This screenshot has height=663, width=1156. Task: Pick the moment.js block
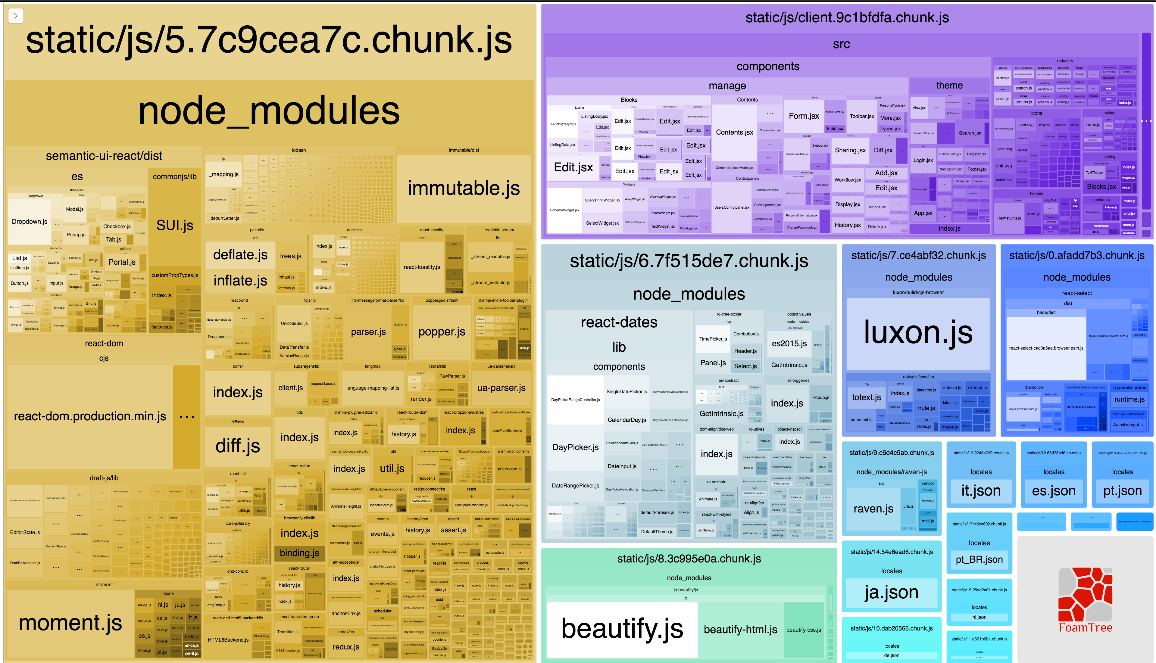pyautogui.click(x=70, y=623)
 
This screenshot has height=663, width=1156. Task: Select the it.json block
pyautogui.click(x=981, y=491)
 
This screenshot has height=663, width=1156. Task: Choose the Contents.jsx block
pyautogui.click(x=734, y=132)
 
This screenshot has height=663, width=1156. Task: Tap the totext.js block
pyautogui.click(x=866, y=397)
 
